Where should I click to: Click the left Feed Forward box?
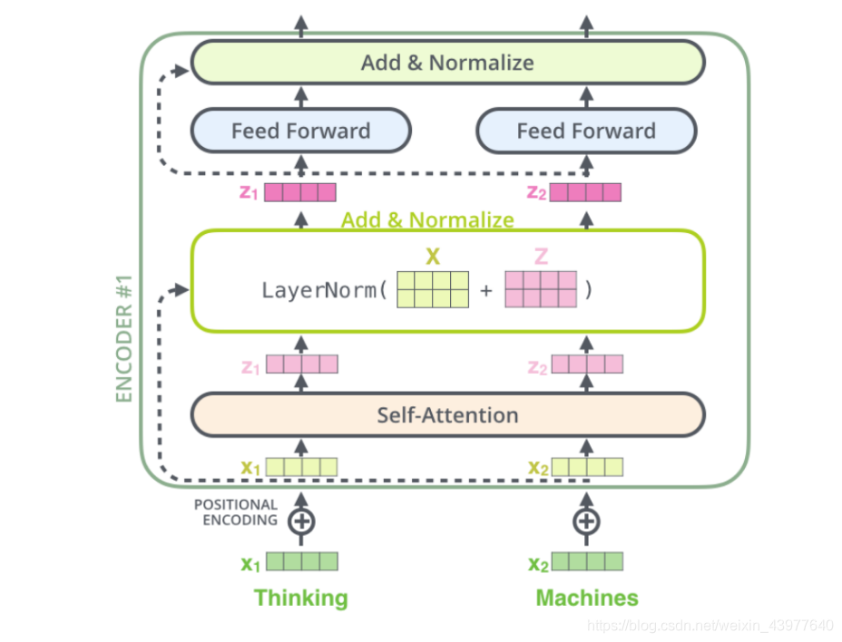click(300, 131)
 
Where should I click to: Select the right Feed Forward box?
click(586, 131)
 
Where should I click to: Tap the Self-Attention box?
click(447, 415)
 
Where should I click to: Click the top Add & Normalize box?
click(447, 63)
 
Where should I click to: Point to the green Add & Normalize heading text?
click(427, 220)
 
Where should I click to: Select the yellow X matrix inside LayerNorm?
click(433, 290)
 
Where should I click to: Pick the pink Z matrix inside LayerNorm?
click(541, 290)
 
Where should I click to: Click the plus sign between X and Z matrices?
click(486, 292)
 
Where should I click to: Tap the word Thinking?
click(301, 598)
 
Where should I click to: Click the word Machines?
click(587, 598)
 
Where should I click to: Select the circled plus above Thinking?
click(301, 521)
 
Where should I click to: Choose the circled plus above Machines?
click(587, 521)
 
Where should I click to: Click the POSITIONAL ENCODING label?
click(236, 512)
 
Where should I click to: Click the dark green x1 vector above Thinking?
click(301, 562)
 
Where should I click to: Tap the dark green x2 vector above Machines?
click(587, 562)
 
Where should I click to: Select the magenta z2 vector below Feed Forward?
click(585, 192)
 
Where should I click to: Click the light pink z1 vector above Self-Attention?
click(301, 365)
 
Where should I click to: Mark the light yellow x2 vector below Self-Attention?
click(587, 467)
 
